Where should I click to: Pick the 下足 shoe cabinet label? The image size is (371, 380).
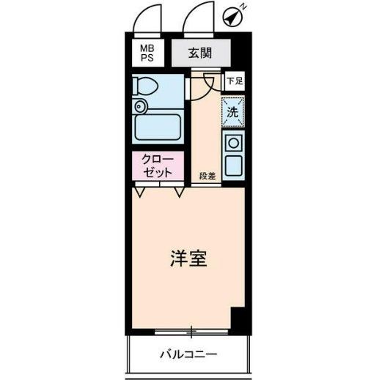pyautogui.click(x=233, y=81)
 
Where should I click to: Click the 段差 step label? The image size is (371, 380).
pyautogui.click(x=207, y=176)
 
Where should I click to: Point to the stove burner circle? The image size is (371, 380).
pyautogui.click(x=234, y=143)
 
